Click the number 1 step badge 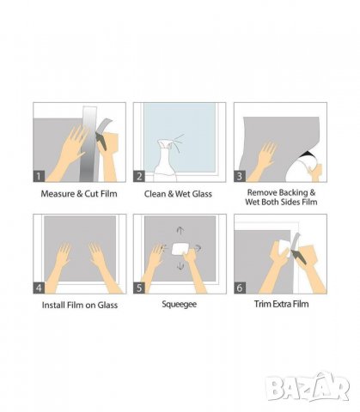(x=39, y=176)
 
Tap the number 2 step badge (x=139, y=176)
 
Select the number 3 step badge (x=240, y=176)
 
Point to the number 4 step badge (x=39, y=288)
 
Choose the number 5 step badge (x=139, y=288)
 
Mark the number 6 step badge (x=240, y=288)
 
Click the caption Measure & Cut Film (x=79, y=194)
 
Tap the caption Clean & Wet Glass (x=178, y=194)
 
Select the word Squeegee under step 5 (x=180, y=304)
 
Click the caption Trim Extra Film (x=282, y=304)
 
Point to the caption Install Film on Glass (x=80, y=305)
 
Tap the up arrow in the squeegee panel (x=180, y=231)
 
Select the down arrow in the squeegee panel (x=180, y=266)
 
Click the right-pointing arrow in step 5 (x=198, y=248)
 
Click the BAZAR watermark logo (x=307, y=386)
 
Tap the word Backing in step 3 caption (x=292, y=192)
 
